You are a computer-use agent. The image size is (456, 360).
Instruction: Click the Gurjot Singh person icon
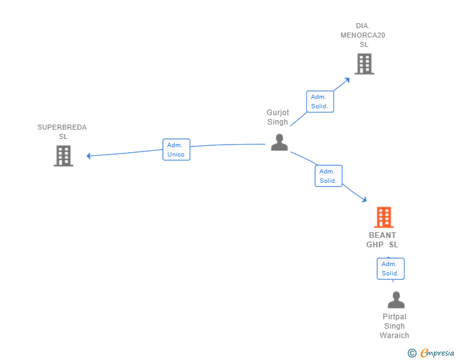pos(279,142)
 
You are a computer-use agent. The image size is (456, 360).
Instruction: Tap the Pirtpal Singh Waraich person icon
pos(396,300)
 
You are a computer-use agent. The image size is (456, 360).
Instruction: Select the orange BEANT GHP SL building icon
pos(383,217)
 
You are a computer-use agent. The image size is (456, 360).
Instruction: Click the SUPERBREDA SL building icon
pos(63,156)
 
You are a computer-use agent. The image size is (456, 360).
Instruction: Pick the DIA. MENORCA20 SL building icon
pos(364,64)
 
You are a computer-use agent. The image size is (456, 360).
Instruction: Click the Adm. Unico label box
pos(176,150)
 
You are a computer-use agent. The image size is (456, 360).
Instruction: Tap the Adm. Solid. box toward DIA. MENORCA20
pos(319,101)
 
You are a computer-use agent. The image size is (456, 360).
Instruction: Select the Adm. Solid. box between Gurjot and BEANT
pos(328,176)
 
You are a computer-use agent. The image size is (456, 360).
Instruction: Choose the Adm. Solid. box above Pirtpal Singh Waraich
pos(390,269)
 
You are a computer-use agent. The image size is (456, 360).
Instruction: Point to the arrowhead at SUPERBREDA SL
pos(90,155)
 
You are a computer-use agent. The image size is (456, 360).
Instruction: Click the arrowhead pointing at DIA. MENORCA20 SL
pos(347,80)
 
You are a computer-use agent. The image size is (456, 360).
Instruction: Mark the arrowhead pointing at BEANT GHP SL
pos(364,199)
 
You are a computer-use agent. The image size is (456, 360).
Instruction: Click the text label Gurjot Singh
pos(277,118)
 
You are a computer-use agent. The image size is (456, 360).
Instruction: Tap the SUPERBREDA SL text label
pos(62,132)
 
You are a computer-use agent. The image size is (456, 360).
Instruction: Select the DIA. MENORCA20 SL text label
pos(363,35)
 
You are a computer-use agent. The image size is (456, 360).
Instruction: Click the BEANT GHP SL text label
pos(382,240)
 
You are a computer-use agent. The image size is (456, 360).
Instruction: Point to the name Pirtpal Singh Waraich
pos(395,326)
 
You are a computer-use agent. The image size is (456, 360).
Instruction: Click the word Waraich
pos(395,336)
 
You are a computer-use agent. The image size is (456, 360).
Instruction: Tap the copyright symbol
pos(412,353)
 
